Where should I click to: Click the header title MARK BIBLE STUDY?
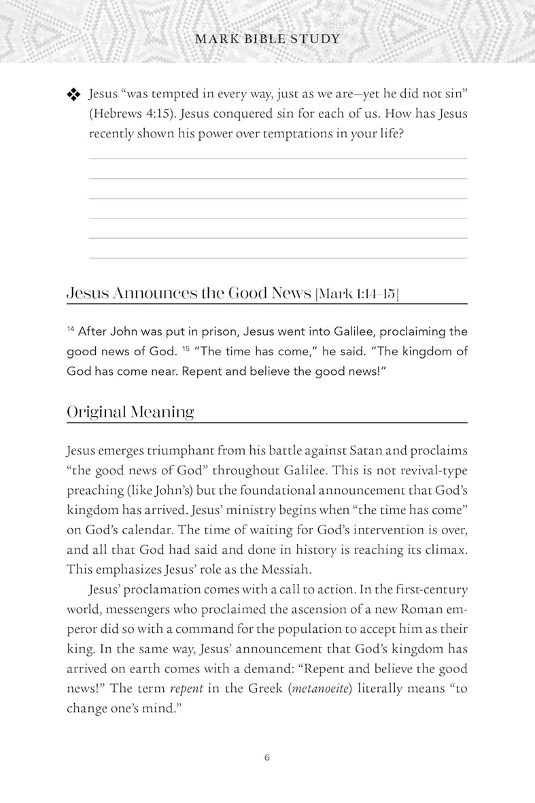267,39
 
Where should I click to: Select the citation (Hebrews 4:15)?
128,114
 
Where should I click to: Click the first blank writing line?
278,159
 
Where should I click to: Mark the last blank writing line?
278,258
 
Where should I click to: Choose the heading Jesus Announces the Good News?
188,293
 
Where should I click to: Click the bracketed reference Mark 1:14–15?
357,294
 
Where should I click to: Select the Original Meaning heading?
130,412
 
